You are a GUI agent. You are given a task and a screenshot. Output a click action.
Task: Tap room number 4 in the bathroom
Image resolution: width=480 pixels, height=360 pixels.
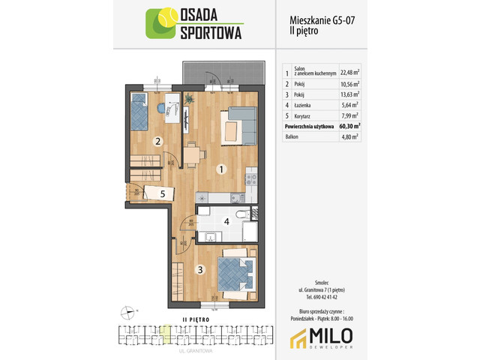[225, 221]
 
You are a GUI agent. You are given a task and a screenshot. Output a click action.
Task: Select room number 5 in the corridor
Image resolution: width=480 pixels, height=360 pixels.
[162, 193]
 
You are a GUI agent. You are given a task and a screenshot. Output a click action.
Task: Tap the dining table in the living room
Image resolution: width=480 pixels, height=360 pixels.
[194, 154]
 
